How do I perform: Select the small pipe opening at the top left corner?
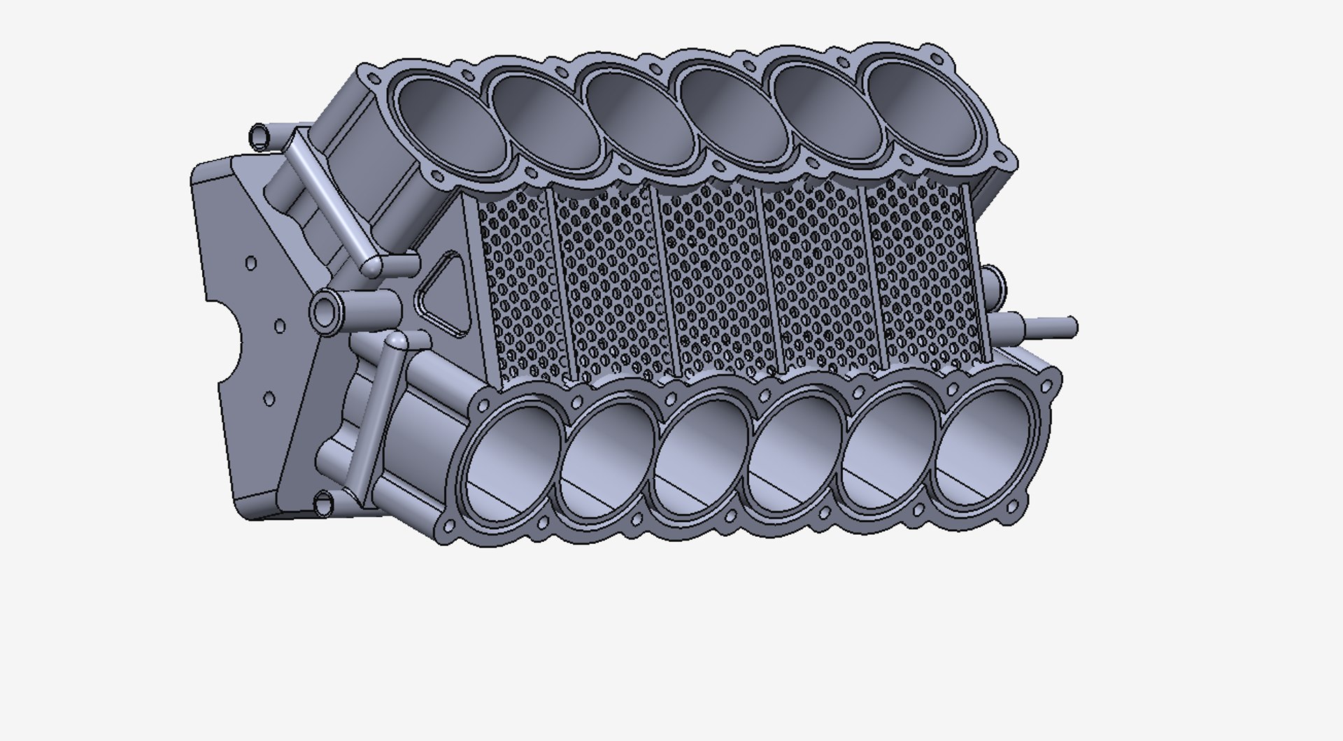pyautogui.click(x=260, y=136)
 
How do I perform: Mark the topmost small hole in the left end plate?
pyautogui.click(x=251, y=264)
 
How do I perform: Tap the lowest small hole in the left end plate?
pyautogui.click(x=269, y=399)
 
